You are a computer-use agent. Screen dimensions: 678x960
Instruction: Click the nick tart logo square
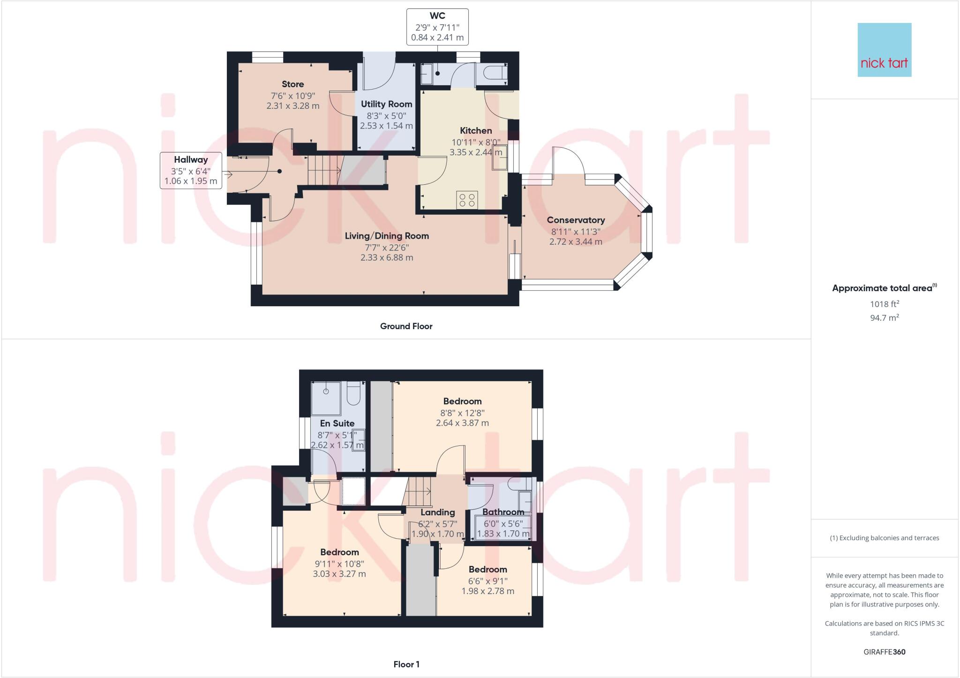point(884,50)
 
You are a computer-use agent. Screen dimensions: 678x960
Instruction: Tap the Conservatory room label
point(576,220)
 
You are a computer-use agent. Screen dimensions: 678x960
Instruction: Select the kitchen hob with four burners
point(467,200)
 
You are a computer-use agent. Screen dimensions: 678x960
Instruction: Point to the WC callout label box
point(437,27)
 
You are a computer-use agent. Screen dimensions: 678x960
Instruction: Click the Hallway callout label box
point(191,170)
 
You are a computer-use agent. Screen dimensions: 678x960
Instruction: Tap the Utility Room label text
point(386,104)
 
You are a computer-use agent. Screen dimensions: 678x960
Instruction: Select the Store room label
point(292,84)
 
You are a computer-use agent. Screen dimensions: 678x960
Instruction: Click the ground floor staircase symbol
point(324,171)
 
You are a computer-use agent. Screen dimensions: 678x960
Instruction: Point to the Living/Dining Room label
point(387,236)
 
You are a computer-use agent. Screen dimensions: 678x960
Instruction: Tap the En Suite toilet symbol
point(353,394)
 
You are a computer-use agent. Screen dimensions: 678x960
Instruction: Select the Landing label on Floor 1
point(437,512)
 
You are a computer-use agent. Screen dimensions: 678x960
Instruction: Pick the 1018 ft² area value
point(884,304)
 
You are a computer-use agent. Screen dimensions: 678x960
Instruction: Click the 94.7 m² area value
point(884,318)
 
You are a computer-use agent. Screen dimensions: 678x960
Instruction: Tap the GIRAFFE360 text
point(884,652)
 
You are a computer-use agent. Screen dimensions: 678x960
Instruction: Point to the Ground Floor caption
point(406,326)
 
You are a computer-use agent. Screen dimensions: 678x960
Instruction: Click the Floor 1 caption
point(406,664)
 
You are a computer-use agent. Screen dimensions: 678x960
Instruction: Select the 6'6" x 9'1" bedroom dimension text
point(487,581)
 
